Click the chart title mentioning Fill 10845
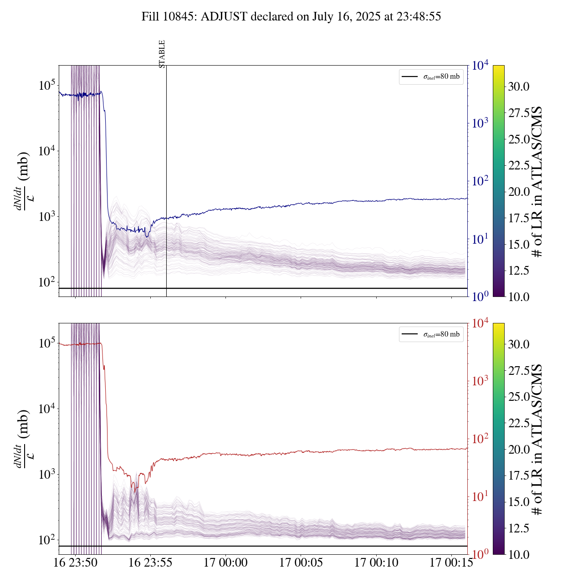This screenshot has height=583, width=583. click(291, 17)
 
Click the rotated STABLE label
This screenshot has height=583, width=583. click(162, 54)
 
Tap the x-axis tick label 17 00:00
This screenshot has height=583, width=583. click(225, 563)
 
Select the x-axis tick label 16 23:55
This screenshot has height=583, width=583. click(150, 563)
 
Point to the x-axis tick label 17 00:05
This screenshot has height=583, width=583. click(301, 563)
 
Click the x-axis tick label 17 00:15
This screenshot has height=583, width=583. click(451, 563)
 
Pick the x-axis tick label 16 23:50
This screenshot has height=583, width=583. click(75, 563)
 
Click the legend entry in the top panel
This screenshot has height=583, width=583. click(431, 77)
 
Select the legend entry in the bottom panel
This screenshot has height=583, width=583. click(431, 334)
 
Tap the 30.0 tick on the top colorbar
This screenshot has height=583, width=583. click(519, 87)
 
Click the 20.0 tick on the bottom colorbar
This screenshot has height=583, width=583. click(519, 450)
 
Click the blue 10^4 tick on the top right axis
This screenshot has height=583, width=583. click(480, 66)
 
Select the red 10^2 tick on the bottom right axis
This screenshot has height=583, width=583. click(480, 439)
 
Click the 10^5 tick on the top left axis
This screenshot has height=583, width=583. click(47, 86)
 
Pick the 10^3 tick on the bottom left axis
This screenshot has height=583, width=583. click(47, 475)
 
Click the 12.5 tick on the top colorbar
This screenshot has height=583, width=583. click(519, 271)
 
